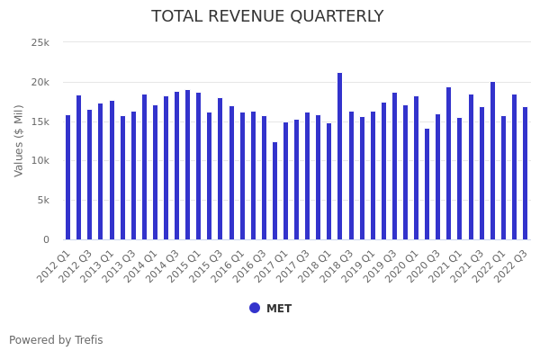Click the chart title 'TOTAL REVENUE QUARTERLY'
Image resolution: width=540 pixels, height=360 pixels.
tap(267, 17)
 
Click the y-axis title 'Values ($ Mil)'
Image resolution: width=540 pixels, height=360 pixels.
tap(19, 140)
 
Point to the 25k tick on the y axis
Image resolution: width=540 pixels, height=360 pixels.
tap(41, 42)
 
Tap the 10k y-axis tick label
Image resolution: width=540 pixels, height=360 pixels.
tap(41, 161)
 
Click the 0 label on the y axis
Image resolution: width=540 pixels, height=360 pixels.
tap(46, 239)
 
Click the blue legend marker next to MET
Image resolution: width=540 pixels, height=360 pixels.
tap(255, 308)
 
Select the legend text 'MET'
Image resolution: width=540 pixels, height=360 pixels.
tap(279, 309)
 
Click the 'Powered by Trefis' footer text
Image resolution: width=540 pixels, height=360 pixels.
tap(56, 340)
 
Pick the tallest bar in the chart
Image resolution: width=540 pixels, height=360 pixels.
tap(340, 157)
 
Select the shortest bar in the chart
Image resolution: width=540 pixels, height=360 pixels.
tap(274, 191)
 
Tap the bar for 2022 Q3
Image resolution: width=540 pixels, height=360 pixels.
tap(525, 174)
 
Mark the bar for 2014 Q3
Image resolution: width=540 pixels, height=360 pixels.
tap(176, 166)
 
